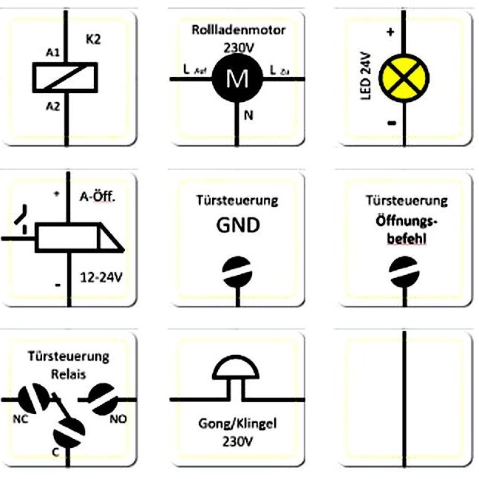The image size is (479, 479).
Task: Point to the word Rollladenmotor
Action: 238,30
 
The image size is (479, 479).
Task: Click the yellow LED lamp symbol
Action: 405,77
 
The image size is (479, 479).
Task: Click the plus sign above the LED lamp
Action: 390,33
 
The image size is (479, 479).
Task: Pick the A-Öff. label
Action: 97,198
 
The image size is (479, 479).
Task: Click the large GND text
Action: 237,224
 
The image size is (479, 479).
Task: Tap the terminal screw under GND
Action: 237,270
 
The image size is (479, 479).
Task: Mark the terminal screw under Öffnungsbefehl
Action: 404,270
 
